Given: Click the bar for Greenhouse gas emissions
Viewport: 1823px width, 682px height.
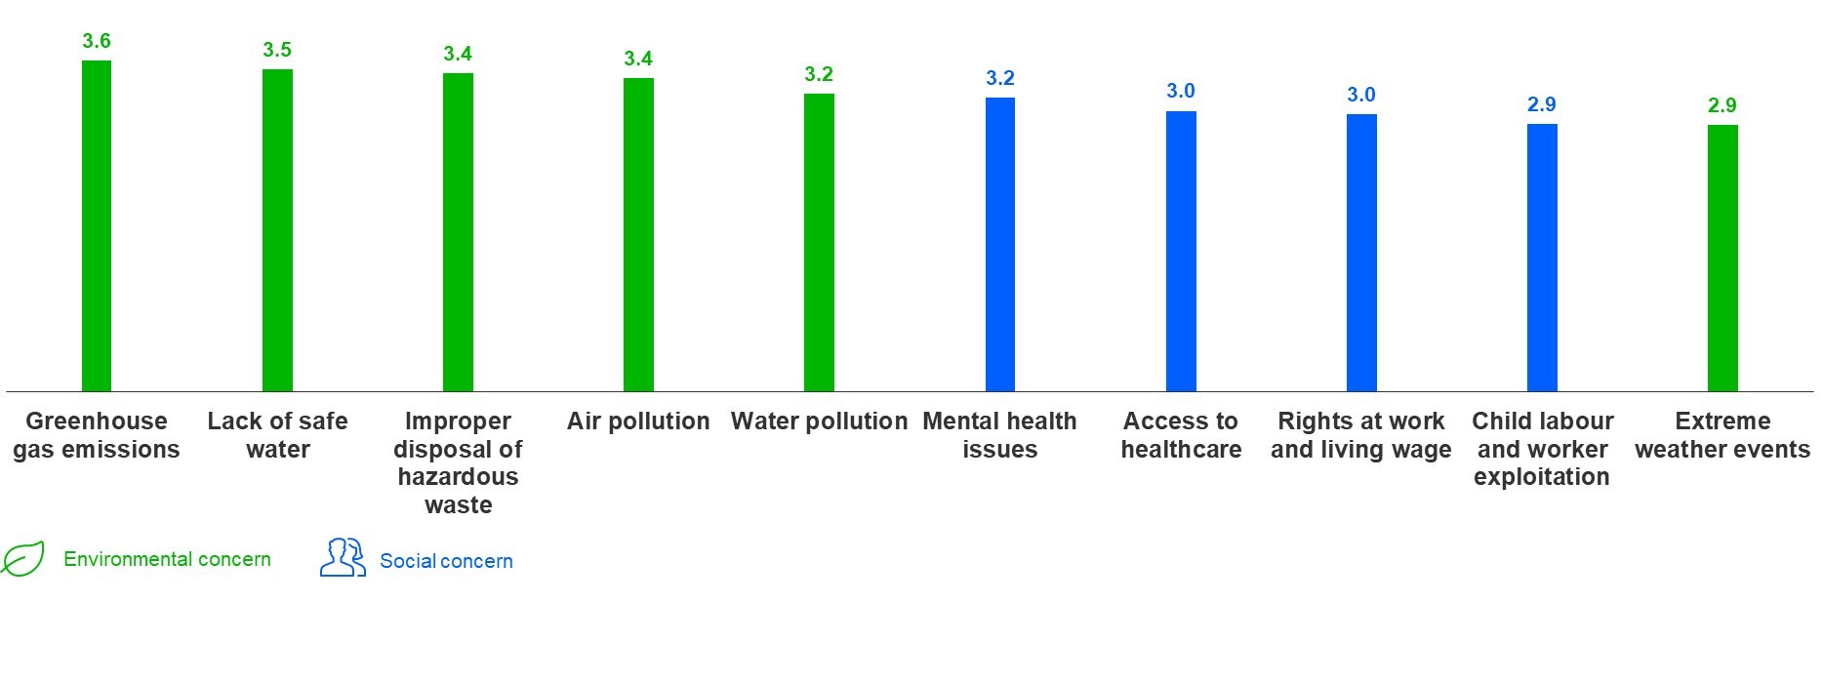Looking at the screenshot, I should (97, 226).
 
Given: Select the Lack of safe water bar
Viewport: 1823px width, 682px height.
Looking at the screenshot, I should (277, 230).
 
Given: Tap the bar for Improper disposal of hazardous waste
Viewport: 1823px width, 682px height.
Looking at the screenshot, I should (458, 232).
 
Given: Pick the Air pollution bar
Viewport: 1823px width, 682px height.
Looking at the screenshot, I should (638, 235).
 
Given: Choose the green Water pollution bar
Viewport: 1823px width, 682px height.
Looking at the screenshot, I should (819, 243).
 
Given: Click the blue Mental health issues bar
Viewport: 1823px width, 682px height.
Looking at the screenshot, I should (1000, 245).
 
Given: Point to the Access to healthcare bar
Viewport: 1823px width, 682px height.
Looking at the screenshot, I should (1181, 252).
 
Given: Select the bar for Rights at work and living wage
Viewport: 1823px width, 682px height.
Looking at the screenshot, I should (1361, 253).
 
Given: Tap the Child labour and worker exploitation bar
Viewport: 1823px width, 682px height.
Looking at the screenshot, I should (1542, 258).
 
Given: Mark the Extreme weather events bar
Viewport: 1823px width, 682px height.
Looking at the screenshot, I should (1722, 259).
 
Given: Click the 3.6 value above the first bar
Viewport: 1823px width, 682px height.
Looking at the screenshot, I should (97, 41).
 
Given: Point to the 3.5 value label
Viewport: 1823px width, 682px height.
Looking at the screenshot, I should (277, 50).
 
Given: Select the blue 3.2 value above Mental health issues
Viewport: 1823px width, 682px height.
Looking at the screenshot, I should (1000, 78).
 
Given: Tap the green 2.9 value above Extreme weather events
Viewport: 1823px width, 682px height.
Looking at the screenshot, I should (1722, 105).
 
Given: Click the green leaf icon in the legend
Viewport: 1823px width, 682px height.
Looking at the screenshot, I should (23, 559).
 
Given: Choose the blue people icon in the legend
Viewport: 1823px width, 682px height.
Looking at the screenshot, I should (343, 558).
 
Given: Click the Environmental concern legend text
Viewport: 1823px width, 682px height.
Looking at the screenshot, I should (167, 559).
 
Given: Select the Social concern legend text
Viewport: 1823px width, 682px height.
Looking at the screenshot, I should (446, 561).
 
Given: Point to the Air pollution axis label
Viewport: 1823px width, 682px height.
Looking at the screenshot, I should (638, 421).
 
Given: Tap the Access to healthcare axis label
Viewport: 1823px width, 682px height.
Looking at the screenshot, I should (1181, 435).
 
